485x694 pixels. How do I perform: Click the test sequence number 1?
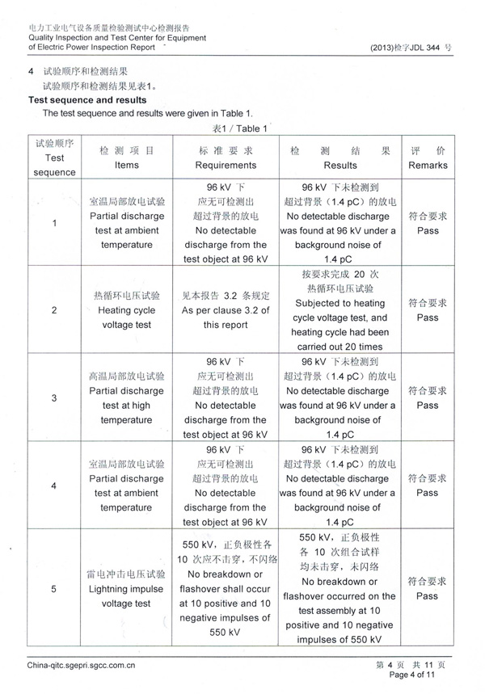54,223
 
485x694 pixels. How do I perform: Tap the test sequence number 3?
54,398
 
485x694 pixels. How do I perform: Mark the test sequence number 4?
54,486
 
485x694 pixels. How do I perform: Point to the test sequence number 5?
54,589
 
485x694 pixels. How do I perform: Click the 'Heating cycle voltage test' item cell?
127,310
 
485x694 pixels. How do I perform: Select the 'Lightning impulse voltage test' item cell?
127,589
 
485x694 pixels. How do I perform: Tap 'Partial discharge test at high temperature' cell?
127,398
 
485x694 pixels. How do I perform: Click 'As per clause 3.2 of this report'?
226,310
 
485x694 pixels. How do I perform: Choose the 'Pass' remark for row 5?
428,596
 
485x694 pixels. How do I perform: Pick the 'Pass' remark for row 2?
428,318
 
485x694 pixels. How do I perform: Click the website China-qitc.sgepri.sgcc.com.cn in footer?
81,666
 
